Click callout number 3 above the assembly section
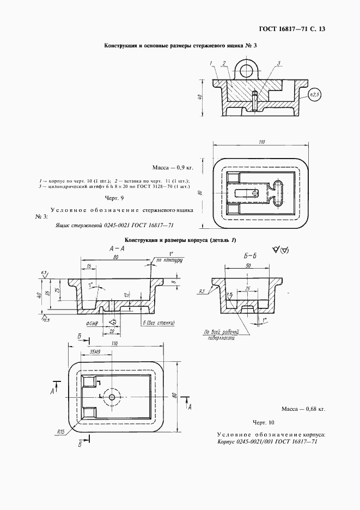tap(278, 64)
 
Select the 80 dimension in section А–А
tap(115, 257)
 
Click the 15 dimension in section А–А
tap(88, 266)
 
